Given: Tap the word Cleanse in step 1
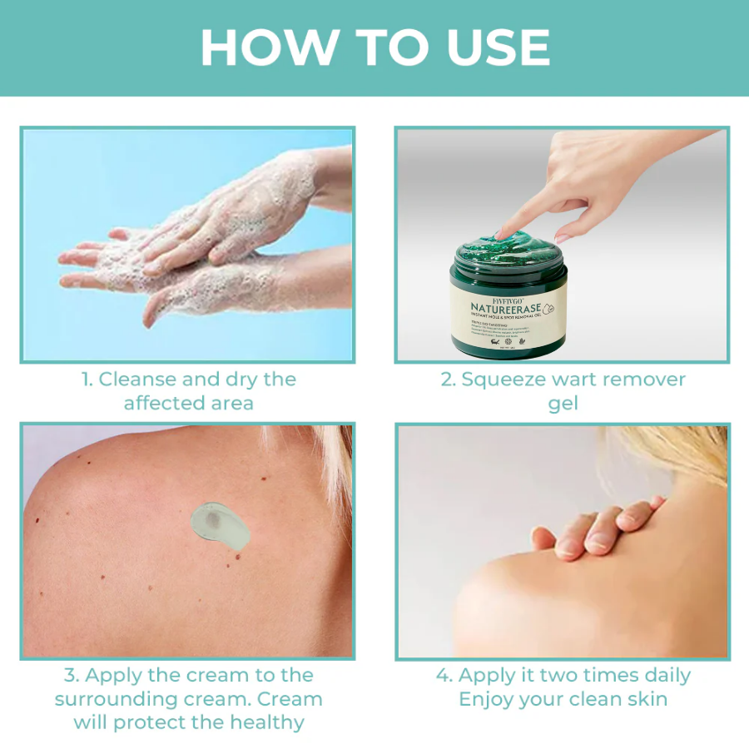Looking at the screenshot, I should click(137, 379).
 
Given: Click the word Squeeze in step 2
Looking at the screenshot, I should click(507, 379).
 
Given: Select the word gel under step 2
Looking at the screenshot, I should click(563, 404).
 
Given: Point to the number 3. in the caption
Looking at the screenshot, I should click(72, 675).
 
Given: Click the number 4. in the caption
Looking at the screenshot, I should click(444, 675).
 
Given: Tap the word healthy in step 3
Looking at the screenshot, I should click(262, 722).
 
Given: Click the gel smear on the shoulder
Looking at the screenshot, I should click(219, 523).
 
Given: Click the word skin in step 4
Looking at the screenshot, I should click(642, 699).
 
